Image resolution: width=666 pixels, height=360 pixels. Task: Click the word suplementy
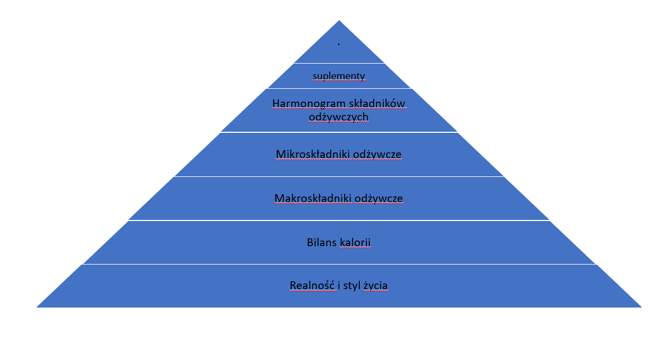[x=339, y=76]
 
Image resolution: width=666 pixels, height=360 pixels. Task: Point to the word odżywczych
[x=339, y=117]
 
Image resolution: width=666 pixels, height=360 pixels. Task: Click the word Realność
[x=312, y=285]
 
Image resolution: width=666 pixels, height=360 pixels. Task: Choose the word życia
[x=375, y=286]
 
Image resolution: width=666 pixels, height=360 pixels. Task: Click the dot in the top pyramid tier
[x=339, y=44]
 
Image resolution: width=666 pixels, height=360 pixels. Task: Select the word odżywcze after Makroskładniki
[x=379, y=198]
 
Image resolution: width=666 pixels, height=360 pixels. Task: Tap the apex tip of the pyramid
[x=339, y=20]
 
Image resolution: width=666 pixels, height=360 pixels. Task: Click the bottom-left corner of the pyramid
[x=36, y=307]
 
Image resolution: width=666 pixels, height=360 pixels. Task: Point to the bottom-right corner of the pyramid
[x=641, y=307]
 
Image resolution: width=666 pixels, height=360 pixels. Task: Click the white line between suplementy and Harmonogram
[x=339, y=88]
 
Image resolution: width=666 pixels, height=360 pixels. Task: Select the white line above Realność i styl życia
[x=339, y=264]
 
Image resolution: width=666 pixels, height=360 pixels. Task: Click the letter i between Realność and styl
[x=339, y=285]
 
